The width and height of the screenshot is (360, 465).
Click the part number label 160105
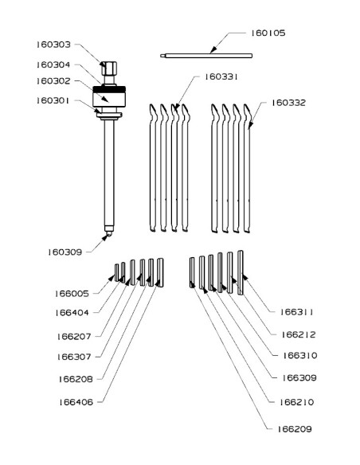click(268, 33)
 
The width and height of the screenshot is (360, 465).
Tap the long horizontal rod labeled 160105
click(206, 56)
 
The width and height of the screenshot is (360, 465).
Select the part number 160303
click(53, 45)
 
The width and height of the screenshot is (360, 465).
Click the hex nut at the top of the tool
click(109, 68)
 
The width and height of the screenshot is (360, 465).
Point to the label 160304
click(53, 64)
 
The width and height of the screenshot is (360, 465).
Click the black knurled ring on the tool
click(109, 89)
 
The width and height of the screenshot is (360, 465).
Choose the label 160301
click(53, 101)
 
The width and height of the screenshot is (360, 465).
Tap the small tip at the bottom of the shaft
click(109, 233)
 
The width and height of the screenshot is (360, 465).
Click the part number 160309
click(65, 252)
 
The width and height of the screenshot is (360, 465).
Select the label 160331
click(221, 76)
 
